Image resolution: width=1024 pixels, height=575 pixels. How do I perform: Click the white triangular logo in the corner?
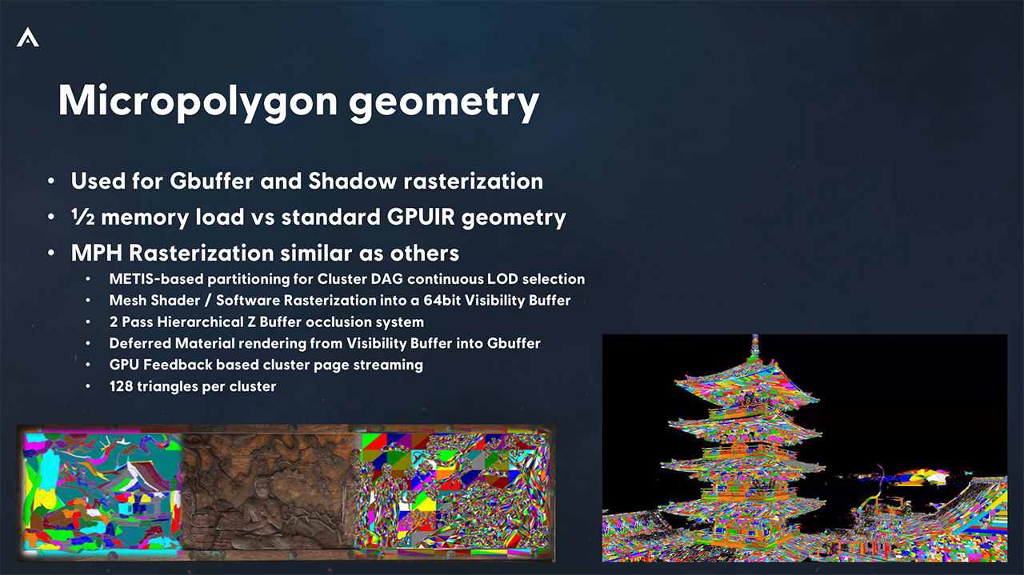tap(28, 38)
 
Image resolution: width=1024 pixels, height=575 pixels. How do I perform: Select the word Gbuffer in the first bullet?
tap(212, 181)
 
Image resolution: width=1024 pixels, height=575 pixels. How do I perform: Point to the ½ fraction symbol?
tap(82, 217)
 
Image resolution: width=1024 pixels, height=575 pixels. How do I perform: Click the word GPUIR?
tap(421, 217)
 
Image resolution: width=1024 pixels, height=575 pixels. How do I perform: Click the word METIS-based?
tap(155, 279)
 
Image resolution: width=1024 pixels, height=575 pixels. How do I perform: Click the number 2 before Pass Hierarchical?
tap(114, 321)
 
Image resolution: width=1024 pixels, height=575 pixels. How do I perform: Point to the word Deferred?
tap(140, 343)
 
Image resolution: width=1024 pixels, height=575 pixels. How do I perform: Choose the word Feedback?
tap(178, 365)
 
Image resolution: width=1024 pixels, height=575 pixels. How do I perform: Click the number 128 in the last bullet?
tap(121, 386)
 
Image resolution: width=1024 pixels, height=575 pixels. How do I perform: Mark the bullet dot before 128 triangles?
tap(88, 387)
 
